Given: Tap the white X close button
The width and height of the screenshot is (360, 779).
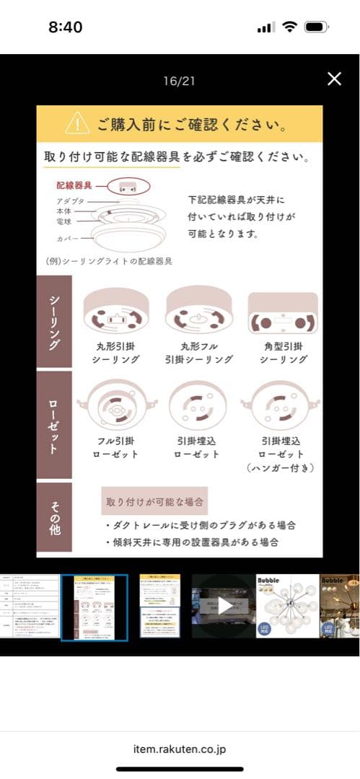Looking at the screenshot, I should click(334, 79).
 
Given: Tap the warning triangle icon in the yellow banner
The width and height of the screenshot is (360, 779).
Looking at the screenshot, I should click(77, 123).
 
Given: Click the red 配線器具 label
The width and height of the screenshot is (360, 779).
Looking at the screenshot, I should click(76, 186).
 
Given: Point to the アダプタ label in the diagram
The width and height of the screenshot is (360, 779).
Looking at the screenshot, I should click(70, 201).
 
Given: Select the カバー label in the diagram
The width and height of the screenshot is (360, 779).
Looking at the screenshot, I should click(69, 238).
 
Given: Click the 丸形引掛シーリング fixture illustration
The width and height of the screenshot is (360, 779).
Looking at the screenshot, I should click(116, 311).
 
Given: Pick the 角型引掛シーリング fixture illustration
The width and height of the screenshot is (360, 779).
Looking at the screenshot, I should click(282, 312).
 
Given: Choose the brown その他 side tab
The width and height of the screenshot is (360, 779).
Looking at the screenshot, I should click(54, 517).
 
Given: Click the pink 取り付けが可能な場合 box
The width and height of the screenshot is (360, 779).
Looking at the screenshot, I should click(154, 500).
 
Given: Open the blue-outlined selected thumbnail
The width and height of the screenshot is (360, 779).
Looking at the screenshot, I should click(95, 607).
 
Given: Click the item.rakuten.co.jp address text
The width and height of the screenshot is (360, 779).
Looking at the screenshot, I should click(180, 749).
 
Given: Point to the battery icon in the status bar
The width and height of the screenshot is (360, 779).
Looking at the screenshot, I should click(315, 27).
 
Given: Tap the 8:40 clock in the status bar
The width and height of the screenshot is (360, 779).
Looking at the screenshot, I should click(66, 27).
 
